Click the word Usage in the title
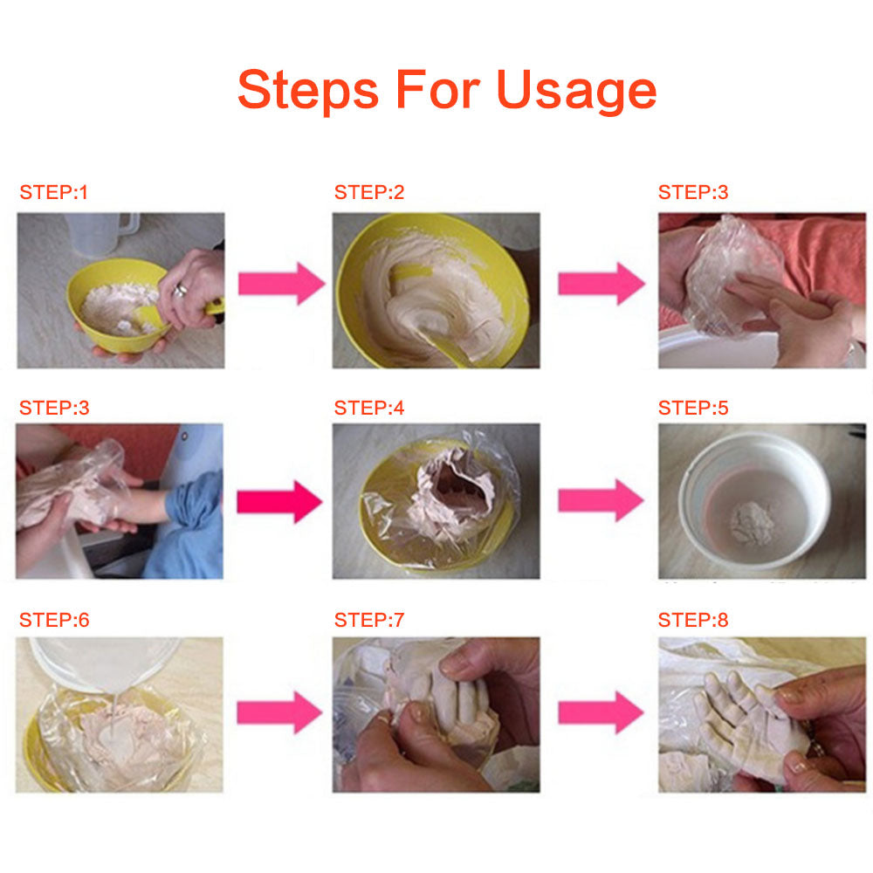[576, 90]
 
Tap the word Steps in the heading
[307, 90]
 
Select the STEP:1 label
[54, 193]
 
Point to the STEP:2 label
[369, 193]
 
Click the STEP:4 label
[369, 408]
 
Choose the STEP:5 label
[692, 408]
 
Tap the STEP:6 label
[54, 621]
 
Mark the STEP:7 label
[369, 621]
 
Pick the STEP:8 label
[692, 621]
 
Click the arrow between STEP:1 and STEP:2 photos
[280, 284]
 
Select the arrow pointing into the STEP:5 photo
[601, 499]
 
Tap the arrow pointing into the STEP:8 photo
[601, 712]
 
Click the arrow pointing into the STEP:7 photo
[280, 712]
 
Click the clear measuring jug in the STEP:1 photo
[103, 234]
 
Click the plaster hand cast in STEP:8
[733, 716]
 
